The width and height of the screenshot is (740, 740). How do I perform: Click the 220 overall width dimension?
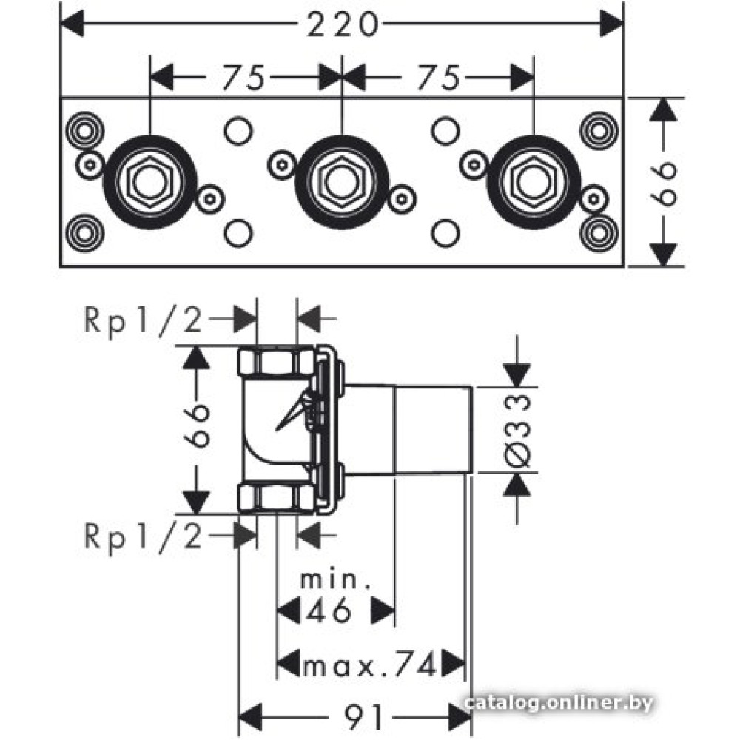point(342,25)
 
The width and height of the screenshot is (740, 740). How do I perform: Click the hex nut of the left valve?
point(150,180)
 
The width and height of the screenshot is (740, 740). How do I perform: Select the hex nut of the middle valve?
point(342,180)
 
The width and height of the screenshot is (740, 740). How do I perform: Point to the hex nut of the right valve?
point(534,180)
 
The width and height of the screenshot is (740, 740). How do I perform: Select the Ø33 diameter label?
point(520,430)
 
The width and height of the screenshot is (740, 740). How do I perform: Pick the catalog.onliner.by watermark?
point(560,702)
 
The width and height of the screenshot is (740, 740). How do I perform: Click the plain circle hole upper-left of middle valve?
point(238,130)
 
